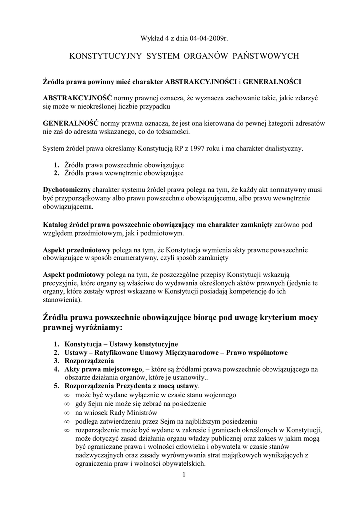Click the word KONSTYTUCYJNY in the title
pyautogui.click(x=104, y=56)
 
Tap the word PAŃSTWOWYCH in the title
pyautogui.click(x=266, y=56)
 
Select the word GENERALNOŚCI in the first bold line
pyautogui.click(x=272, y=81)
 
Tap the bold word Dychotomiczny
pyautogui.click(x=66, y=189)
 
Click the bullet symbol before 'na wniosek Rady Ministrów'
pyautogui.click(x=67, y=413)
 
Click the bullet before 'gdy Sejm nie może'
pyautogui.click(x=67, y=404)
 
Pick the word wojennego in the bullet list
pyautogui.click(x=213, y=395)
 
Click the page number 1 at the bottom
pyautogui.click(x=183, y=475)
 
